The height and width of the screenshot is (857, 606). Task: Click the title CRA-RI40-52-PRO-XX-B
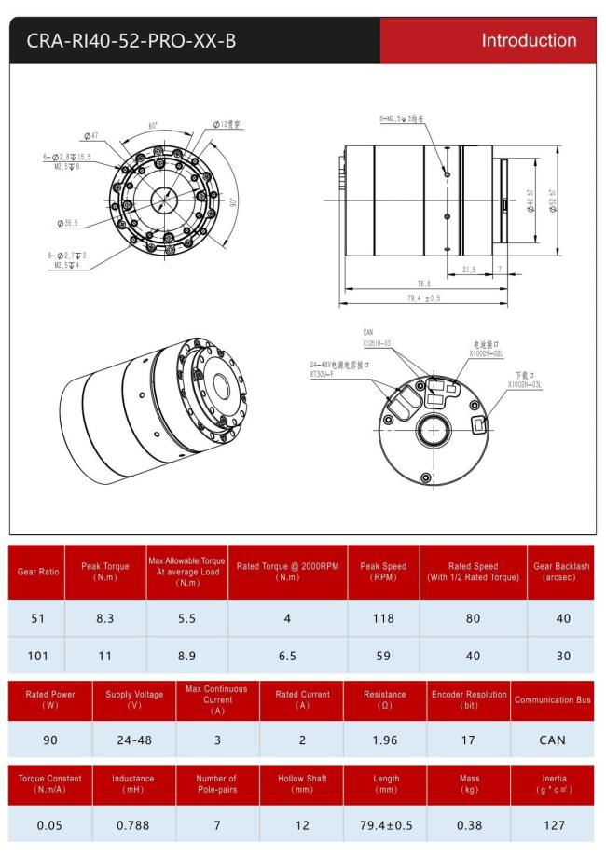131,41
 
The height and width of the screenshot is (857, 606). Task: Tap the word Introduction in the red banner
529,40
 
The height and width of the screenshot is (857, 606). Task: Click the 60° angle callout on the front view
153,124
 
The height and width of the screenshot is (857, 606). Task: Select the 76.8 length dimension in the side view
423,283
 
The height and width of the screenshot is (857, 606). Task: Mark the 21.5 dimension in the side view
469,270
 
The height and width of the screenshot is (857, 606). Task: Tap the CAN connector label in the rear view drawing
368,331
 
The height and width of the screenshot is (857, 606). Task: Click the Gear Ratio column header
36,572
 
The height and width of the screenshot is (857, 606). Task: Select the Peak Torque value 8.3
104,617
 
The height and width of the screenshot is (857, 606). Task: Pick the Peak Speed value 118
383,617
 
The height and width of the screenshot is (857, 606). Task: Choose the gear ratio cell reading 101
37,656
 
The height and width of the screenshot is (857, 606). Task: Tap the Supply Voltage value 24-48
134,740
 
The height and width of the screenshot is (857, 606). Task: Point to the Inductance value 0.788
134,824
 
